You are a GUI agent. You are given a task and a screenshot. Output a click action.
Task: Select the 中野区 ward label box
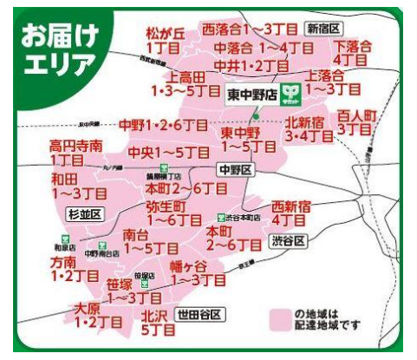tap(234, 169)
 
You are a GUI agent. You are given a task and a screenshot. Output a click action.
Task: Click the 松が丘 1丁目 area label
tap(165, 40)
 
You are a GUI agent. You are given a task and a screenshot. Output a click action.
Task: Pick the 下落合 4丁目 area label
tap(352, 52)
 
